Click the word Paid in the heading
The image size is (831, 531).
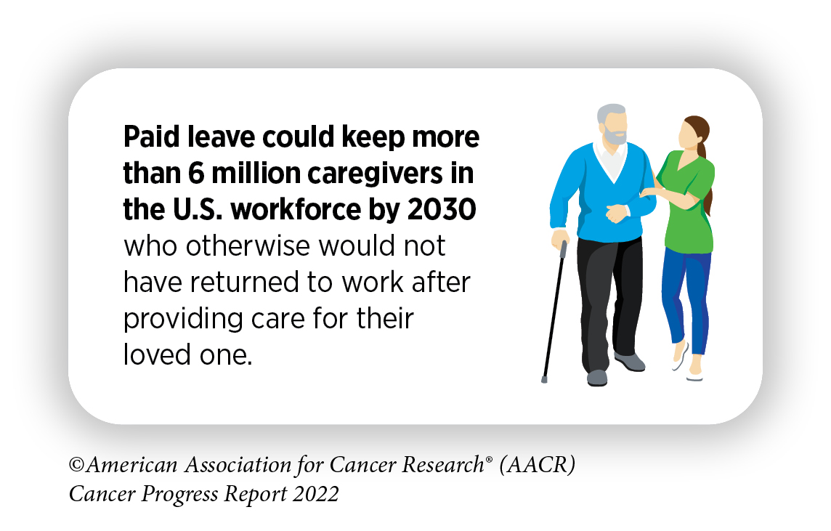tap(152, 137)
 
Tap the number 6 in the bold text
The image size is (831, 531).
tap(196, 174)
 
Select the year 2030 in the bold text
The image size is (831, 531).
tap(442, 210)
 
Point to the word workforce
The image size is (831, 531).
tap(296, 209)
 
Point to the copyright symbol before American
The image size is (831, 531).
tap(77, 465)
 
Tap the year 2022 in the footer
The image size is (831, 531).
tap(315, 494)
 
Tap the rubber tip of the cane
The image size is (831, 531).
tap(544, 379)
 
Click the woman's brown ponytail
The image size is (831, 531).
tap(705, 169)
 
